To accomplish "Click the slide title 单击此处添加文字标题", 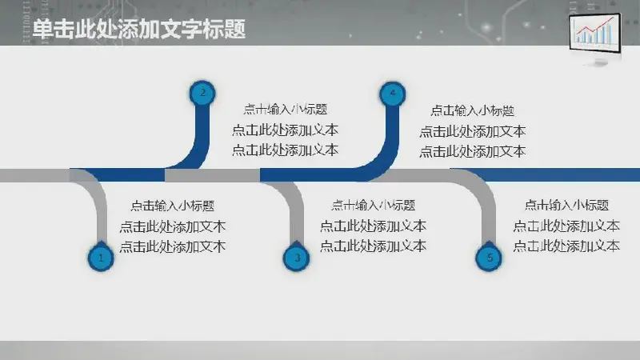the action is click(138, 30).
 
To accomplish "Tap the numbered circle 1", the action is click(101, 258).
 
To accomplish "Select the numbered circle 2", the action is click(203, 93).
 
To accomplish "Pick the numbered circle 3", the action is click(297, 258).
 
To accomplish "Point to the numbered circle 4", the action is click(393, 94).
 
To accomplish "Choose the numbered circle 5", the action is click(489, 258).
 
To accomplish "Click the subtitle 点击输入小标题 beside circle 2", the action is click(286, 110).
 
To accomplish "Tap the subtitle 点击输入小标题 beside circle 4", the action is click(472, 110).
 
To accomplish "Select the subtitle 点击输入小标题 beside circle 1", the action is click(173, 206).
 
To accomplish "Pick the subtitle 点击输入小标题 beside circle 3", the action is click(373, 205).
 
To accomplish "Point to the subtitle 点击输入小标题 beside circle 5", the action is click(566, 205).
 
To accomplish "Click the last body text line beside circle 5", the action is click(566, 246).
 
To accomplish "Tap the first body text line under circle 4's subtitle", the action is click(472, 131).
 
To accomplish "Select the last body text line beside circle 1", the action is click(173, 247).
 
